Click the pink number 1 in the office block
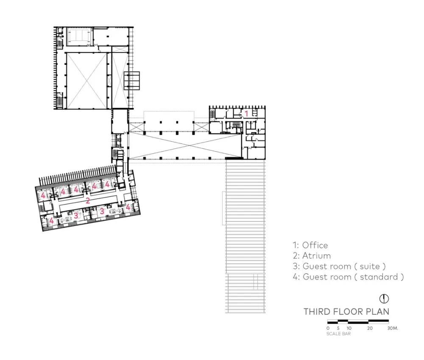(246, 113)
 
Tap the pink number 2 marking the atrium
(87, 201)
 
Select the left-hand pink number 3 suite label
(76, 215)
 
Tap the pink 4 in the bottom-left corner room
(51, 221)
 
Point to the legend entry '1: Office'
(310, 245)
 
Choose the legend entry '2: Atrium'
(311, 256)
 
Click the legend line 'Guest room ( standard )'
(348, 277)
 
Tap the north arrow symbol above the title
(384, 299)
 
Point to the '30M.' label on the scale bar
(393, 328)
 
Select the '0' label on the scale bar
(328, 328)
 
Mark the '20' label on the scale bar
(370, 328)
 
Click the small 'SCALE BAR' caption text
(338, 334)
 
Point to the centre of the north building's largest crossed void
(86, 80)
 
